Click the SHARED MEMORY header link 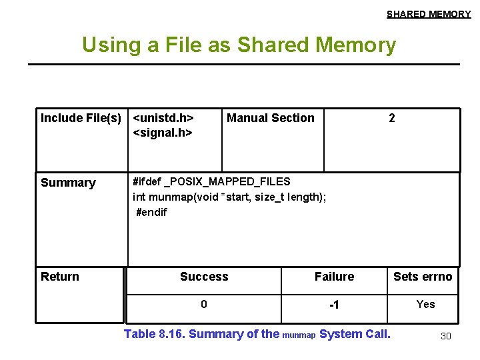click(x=429, y=14)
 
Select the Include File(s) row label click(x=81, y=118)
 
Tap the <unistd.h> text click(x=163, y=118)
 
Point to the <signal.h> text click(x=163, y=133)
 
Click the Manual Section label click(x=271, y=118)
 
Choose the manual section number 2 click(x=392, y=118)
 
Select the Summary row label click(x=68, y=183)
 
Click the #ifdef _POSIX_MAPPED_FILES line click(x=211, y=181)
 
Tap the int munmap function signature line click(x=229, y=196)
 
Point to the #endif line click(x=151, y=212)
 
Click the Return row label click(x=60, y=277)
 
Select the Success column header click(x=204, y=277)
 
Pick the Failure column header click(x=334, y=277)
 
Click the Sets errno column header click(x=423, y=277)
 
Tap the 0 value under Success click(x=204, y=305)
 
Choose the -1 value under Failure click(x=334, y=305)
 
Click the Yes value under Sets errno click(x=425, y=305)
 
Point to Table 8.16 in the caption click(x=155, y=334)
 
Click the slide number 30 click(x=446, y=336)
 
